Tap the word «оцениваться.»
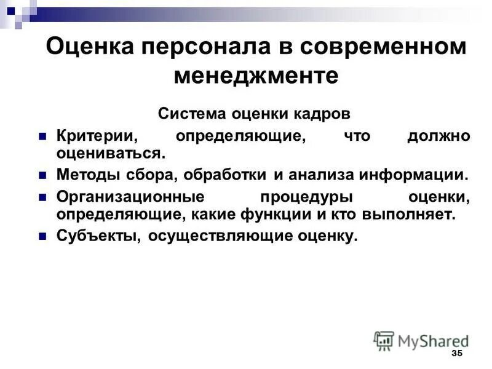point(111,152)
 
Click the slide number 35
point(456,354)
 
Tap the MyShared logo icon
point(384,340)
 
